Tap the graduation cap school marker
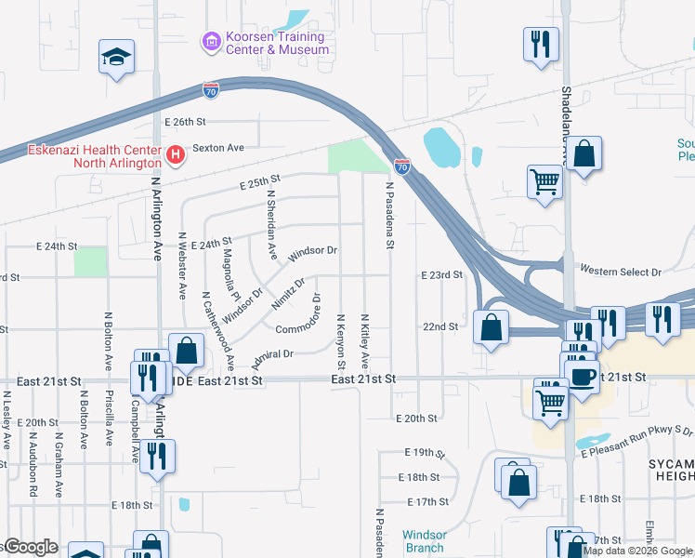117,58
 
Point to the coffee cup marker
583,378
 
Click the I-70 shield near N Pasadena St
402,166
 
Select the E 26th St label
184,122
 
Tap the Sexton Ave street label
217,148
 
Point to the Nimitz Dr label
288,294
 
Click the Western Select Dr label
620,272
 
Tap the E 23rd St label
441,275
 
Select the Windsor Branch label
424,541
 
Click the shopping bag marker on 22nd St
491,327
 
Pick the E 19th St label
426,452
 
